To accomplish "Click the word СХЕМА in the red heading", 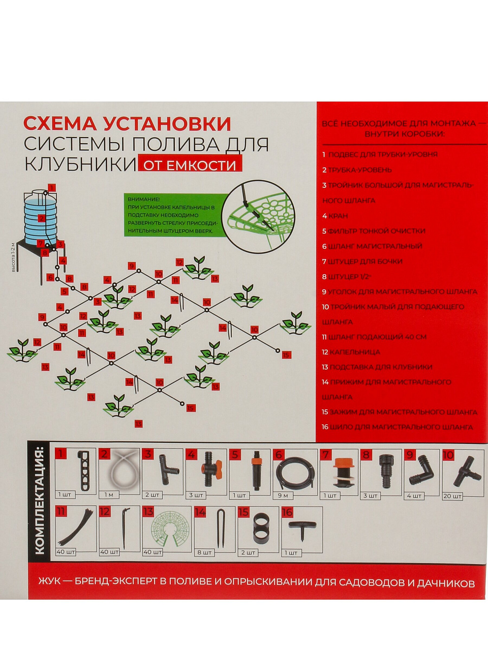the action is click(60, 124).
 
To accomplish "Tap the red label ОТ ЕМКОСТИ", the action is click(190, 163).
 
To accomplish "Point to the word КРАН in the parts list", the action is click(338, 216).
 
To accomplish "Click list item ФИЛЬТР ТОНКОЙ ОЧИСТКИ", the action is click(376, 231).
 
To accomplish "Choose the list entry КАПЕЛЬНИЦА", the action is click(355, 352).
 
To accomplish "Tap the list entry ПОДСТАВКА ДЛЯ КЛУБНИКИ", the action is click(381, 367).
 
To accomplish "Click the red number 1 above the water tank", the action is click(52, 188).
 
